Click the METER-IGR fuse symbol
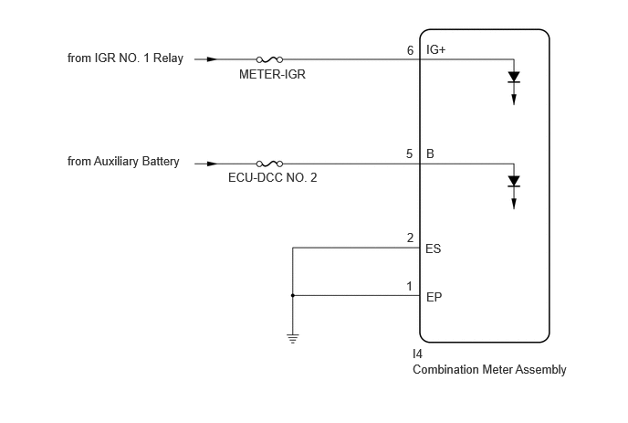tap(269, 59)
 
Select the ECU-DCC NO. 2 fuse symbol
tap(269, 164)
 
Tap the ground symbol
tap(293, 339)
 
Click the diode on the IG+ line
tap(514, 77)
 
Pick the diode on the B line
tap(514, 181)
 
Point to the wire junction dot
tap(293, 295)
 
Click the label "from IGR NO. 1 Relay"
tap(125, 58)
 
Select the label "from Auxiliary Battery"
tap(123, 161)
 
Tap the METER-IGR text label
tap(272, 74)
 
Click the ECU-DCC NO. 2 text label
tap(273, 177)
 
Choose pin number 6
tap(410, 50)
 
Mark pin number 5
tap(409, 154)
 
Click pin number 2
tap(410, 238)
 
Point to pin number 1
tap(409, 286)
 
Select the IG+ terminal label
tap(435, 49)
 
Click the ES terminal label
tap(434, 249)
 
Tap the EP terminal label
tap(434, 297)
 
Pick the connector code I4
tap(417, 354)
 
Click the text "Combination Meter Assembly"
tap(489, 369)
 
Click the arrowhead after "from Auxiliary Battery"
tap(212, 164)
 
